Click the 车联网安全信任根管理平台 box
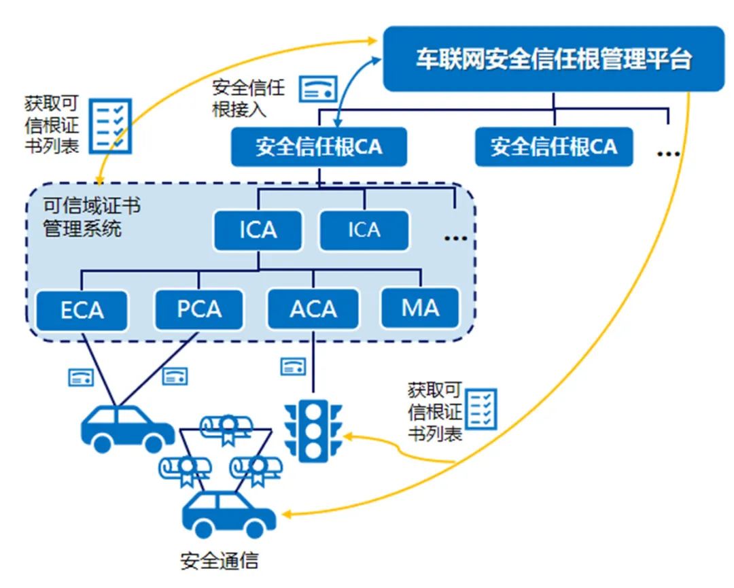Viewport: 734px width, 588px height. pyautogui.click(x=554, y=59)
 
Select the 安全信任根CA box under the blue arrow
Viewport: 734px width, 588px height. pyautogui.click(x=319, y=147)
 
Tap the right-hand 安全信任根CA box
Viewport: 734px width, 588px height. pyautogui.click(x=554, y=147)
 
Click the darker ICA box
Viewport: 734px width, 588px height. pyautogui.click(x=258, y=230)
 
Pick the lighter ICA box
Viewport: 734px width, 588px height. pyautogui.click(x=364, y=230)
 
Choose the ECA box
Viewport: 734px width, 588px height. pyautogui.click(x=82, y=310)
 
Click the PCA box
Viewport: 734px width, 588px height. pyautogui.click(x=199, y=309)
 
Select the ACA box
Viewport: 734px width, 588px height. pyautogui.click(x=313, y=309)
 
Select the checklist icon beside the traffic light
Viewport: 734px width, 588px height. pyautogui.click(x=483, y=409)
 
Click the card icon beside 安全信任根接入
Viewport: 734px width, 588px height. pyautogui.click(x=319, y=87)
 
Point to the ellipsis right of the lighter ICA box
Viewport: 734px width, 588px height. pyautogui.click(x=455, y=238)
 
